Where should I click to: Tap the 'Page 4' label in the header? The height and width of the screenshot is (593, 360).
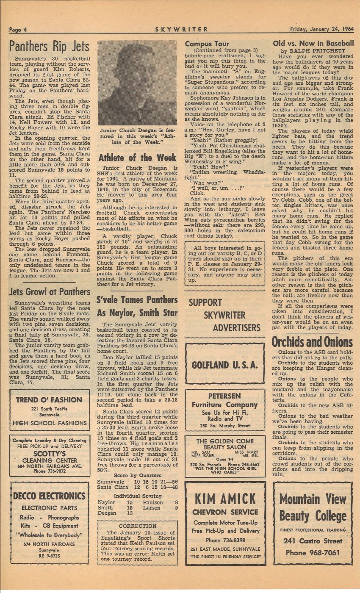pos(19,29)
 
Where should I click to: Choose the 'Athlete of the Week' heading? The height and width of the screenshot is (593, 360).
pos(137,158)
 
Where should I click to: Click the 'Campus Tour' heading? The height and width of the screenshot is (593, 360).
pos(207,44)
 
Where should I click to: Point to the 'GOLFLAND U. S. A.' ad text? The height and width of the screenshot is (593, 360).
pos(224,365)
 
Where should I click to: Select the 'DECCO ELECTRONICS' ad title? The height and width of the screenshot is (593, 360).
pos(50,496)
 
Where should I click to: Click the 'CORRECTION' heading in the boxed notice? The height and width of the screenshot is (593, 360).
pos(137,526)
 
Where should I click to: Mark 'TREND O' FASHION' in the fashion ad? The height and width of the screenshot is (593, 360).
pos(50,399)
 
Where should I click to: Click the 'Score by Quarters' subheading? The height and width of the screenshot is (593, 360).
pos(137,475)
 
